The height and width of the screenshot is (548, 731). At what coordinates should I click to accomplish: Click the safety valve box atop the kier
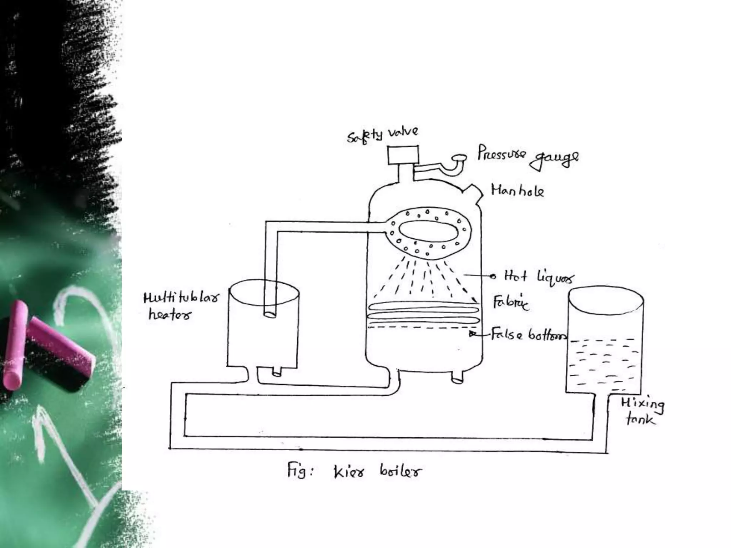pyautogui.click(x=403, y=155)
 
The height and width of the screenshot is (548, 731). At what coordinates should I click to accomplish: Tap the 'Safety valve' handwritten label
pyautogui.click(x=382, y=135)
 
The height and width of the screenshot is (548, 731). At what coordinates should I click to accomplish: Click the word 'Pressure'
pyautogui.click(x=501, y=153)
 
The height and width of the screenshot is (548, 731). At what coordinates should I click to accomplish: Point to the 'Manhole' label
pyautogui.click(x=517, y=191)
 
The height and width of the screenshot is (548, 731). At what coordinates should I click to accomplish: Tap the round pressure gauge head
pyautogui.click(x=459, y=157)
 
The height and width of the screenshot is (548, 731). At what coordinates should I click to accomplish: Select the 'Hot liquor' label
pyautogui.click(x=539, y=277)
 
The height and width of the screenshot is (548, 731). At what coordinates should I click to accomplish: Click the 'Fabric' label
pyautogui.click(x=510, y=303)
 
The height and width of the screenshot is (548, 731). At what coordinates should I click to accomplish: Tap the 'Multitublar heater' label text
pyautogui.click(x=180, y=305)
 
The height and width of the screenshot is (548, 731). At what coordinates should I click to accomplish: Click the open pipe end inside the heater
pyautogui.click(x=270, y=314)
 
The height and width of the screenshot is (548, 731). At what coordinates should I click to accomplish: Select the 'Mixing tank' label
pyautogui.click(x=642, y=411)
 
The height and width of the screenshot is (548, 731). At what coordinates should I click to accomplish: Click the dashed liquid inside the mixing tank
pyautogui.click(x=603, y=360)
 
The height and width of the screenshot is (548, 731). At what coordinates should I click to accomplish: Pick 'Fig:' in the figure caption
pyautogui.click(x=299, y=470)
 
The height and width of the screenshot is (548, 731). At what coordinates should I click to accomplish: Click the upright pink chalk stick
pyautogui.click(x=15, y=344)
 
